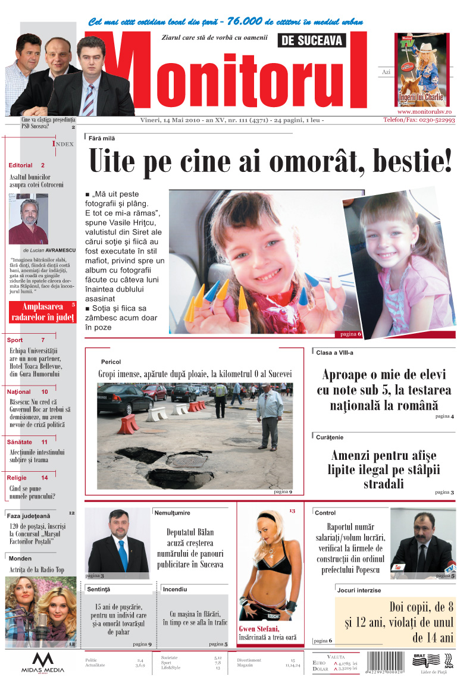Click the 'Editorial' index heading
tap(21, 165)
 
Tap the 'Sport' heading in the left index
tap(15, 340)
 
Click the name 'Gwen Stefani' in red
tap(258, 629)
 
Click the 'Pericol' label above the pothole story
tap(111, 362)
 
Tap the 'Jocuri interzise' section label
tap(359, 590)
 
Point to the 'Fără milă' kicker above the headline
tap(102, 138)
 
